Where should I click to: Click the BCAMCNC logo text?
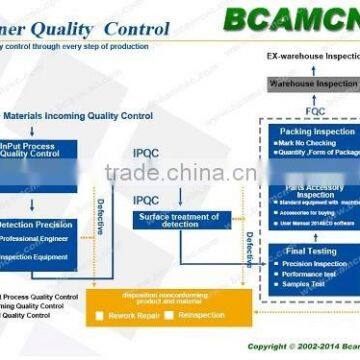click(x=289, y=19)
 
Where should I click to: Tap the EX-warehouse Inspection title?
click(x=309, y=61)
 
